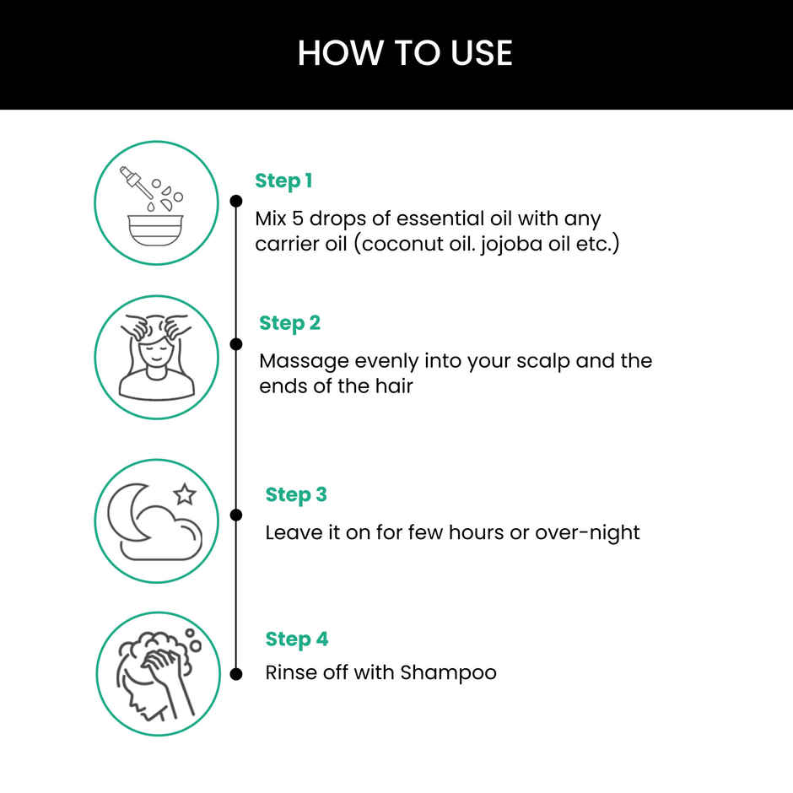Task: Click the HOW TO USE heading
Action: coord(405,53)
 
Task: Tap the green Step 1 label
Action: coord(283,181)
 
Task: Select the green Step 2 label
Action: coord(289,323)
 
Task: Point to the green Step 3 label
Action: coord(296,494)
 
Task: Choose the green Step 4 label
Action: coord(296,639)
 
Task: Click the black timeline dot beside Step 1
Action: coord(236,201)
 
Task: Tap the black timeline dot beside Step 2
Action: coord(236,344)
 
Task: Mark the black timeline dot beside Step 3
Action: coord(236,515)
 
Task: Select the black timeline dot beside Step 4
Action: coord(236,673)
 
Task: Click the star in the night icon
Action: coord(184,494)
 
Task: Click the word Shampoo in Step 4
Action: coord(448,673)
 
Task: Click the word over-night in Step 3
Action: coord(587,533)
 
